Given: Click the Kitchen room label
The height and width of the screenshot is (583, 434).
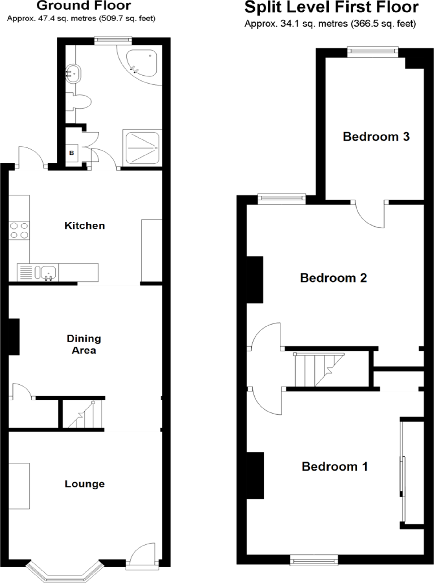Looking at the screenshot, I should [85, 226].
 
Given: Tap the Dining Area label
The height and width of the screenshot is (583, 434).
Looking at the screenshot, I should [84, 344].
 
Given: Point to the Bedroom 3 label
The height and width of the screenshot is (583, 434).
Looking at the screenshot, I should [376, 137].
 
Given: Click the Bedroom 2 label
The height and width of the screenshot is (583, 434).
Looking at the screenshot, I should [333, 278].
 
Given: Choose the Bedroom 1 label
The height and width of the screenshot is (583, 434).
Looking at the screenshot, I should [335, 467].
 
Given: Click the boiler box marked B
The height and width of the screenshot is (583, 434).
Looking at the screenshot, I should [72, 153].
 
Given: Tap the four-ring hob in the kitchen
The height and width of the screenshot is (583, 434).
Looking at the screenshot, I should [19, 230].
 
